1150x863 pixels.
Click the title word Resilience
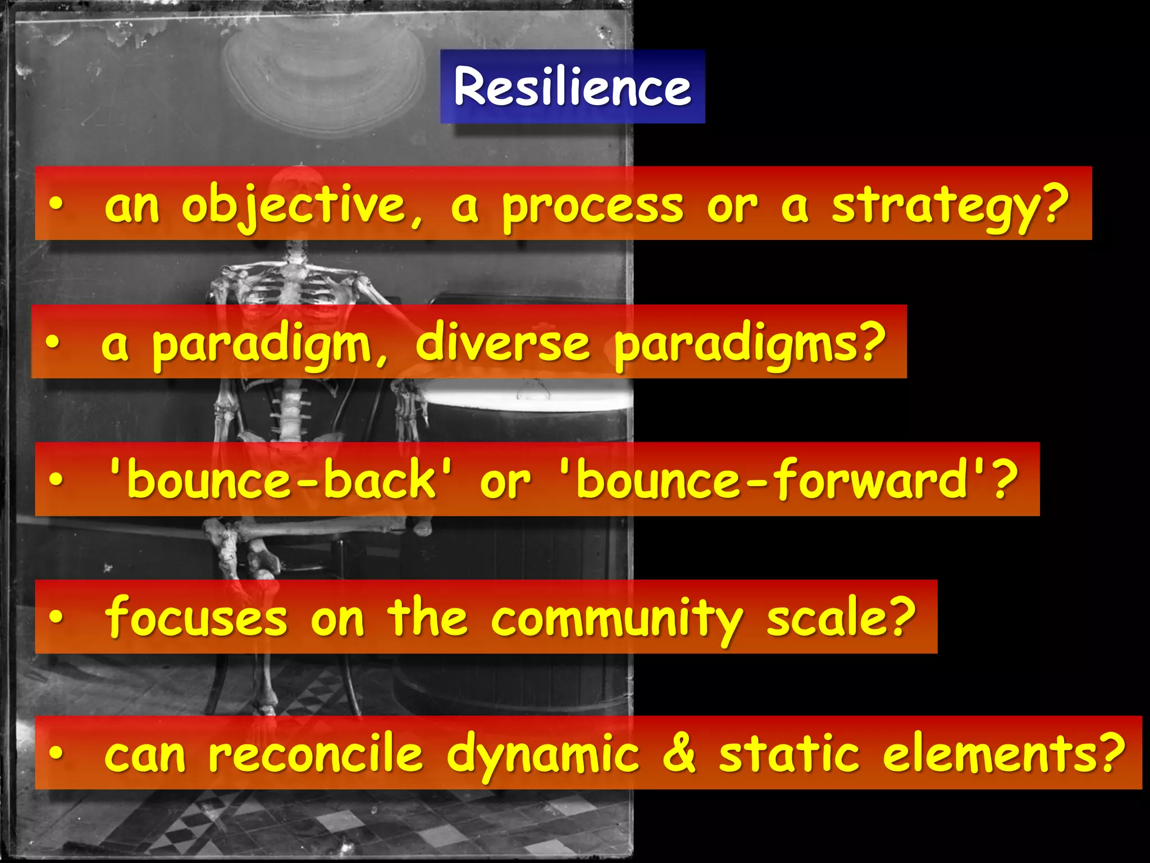click(572, 87)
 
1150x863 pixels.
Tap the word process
click(592, 207)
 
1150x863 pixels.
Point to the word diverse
click(503, 343)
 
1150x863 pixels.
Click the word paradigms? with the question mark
click(750, 344)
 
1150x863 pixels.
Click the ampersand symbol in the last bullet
click(679, 754)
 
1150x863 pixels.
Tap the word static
click(789, 754)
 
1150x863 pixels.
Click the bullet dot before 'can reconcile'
click(56, 755)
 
